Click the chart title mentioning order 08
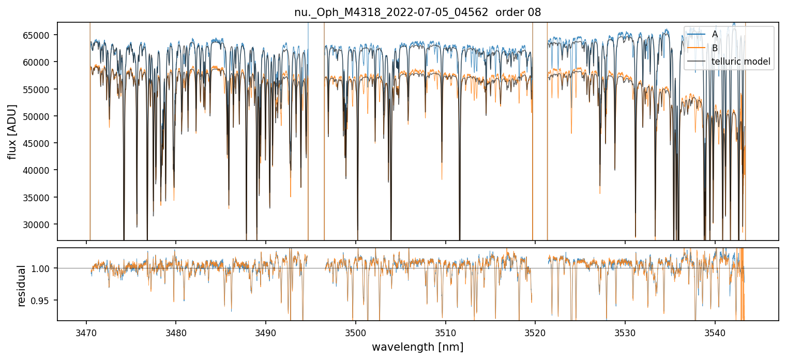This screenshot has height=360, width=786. [x=417, y=12]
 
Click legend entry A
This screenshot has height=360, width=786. [x=715, y=34]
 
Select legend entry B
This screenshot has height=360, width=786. [x=715, y=48]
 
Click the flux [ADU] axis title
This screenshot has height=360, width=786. [x=12, y=131]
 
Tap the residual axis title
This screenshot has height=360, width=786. [x=22, y=286]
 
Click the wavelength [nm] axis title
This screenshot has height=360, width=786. [x=417, y=347]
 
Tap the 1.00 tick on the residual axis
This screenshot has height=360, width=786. [x=43, y=268]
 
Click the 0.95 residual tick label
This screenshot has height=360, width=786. [x=43, y=301]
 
